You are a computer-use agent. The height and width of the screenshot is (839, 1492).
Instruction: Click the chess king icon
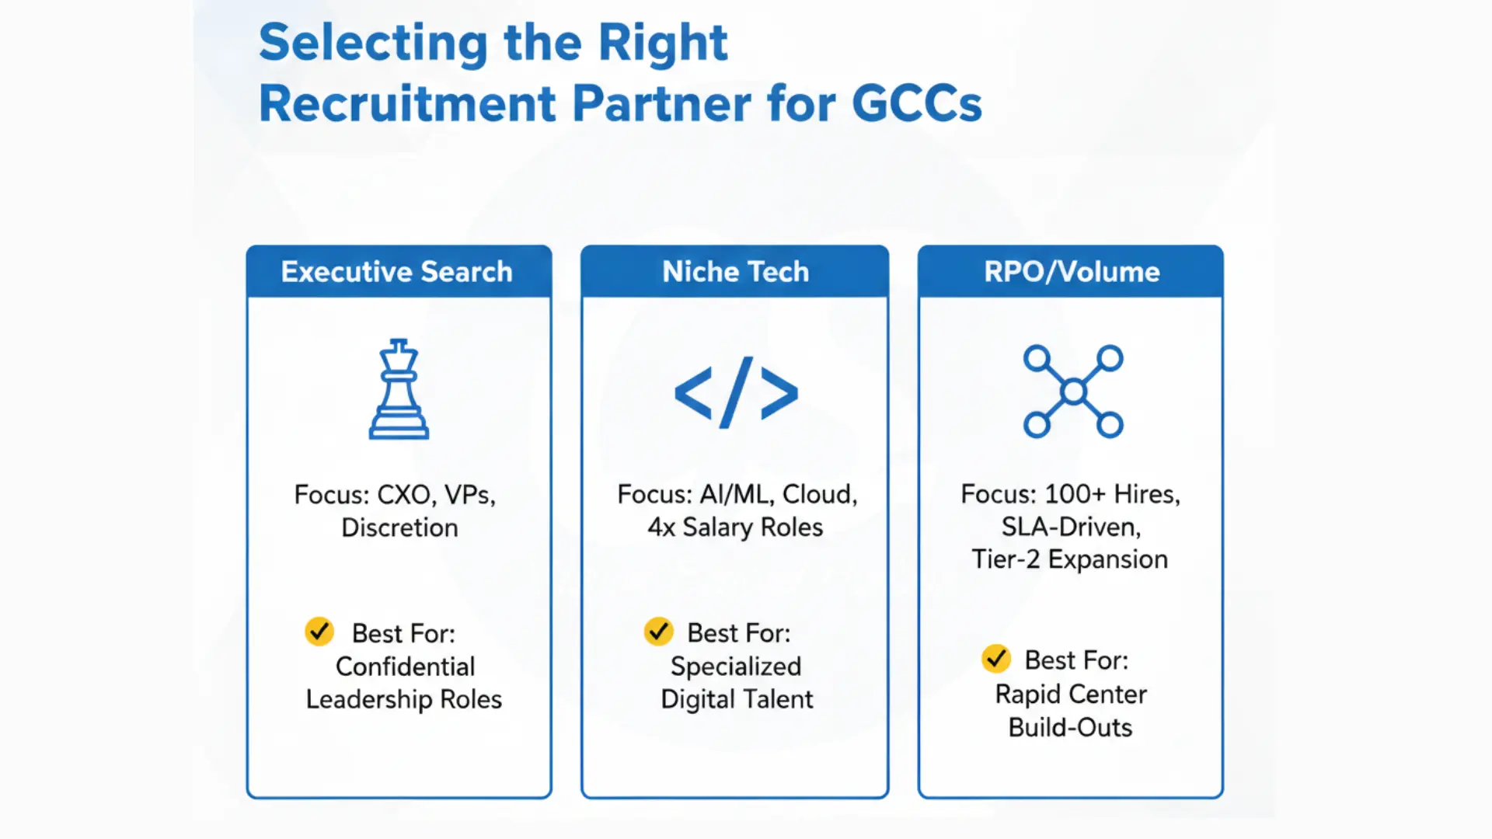point(399,390)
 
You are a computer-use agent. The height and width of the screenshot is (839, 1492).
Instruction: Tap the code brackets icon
point(736,392)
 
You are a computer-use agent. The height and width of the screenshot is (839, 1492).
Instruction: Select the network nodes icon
point(1072,392)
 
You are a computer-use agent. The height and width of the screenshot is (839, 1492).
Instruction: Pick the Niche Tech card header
point(735,272)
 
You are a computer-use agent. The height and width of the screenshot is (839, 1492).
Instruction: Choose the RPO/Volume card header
point(1072,272)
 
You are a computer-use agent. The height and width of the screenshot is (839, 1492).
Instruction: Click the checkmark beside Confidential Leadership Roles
point(319,632)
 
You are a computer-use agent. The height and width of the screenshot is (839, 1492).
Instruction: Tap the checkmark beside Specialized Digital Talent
point(658,632)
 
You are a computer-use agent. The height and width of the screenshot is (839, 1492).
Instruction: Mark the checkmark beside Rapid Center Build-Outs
point(995,659)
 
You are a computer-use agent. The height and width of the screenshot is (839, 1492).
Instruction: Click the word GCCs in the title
point(917,103)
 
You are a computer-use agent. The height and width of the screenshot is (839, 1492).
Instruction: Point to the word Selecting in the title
point(374,43)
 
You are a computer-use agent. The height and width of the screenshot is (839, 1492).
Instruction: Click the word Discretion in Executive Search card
point(399,527)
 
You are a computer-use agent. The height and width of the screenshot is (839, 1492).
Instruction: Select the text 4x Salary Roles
point(735,527)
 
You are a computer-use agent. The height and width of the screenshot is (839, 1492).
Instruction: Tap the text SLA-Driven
point(1071,527)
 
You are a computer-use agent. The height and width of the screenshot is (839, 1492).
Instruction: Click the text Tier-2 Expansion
point(1069,559)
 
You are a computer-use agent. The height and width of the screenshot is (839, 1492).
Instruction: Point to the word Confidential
point(405,667)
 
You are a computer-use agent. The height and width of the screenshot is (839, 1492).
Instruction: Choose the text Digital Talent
point(737,699)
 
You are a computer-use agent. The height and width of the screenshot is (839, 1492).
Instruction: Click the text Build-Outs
point(1070,727)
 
